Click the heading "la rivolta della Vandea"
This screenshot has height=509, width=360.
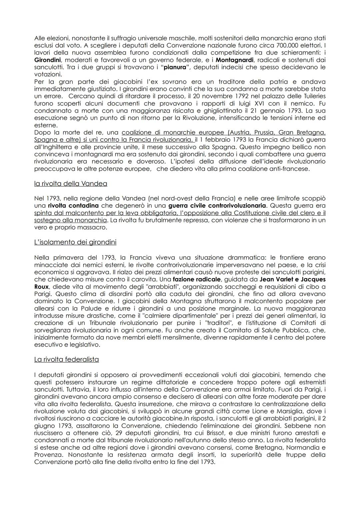coord(70,184)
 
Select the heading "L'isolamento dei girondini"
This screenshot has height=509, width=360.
coord(75,242)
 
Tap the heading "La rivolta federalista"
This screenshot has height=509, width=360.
coord(66,359)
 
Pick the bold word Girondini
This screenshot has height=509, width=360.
coord(47,60)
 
